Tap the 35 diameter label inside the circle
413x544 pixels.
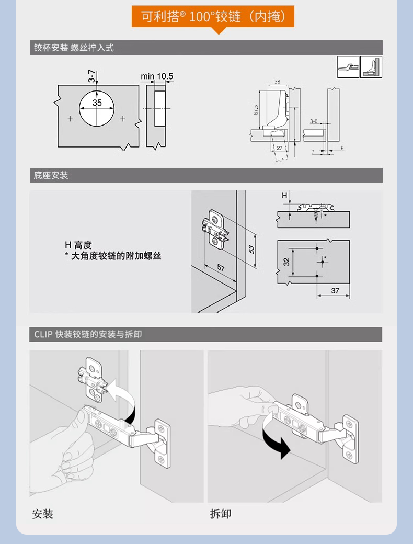97,103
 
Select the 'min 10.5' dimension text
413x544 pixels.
157,76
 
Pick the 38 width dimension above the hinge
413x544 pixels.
277,82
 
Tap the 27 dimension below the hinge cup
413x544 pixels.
280,148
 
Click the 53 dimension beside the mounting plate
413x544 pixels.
251,249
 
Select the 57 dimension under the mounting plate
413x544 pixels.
221,268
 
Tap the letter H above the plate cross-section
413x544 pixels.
285,195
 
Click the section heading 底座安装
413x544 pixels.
51,175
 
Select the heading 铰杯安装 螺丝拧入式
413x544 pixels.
74,48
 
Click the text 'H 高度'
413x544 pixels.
78,244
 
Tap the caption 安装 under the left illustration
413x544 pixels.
43,514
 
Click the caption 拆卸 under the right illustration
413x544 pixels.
220,514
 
